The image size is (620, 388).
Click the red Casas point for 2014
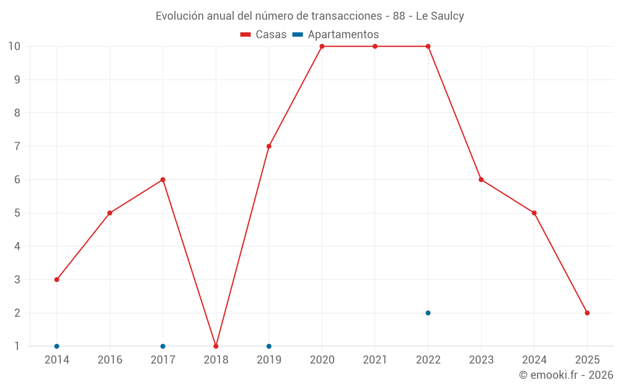pos(56,279)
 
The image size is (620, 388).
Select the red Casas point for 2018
pos(216,346)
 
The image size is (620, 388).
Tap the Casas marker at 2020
pos(322,47)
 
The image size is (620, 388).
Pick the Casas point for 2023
pos(481,180)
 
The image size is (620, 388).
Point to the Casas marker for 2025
pos(587,313)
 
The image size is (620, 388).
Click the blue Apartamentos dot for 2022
pos(428,313)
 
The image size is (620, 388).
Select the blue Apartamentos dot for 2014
pos(56,346)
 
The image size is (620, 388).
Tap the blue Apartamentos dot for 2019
pos(269,346)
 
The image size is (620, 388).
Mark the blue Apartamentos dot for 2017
pos(162,346)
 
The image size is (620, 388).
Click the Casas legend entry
pos(263,35)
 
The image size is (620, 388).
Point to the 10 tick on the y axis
pos(14,47)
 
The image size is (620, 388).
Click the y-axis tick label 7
pos(17,147)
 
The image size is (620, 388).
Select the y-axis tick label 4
pos(17,246)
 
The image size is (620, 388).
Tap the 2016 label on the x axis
pos(110,360)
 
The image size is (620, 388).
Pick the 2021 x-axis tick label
pos(375,360)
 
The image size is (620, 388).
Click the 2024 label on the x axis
pos(534,360)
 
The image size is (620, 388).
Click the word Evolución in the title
pos(177,16)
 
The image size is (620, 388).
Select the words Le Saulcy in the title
pos(440,16)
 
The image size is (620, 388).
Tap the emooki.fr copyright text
pos(566,375)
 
